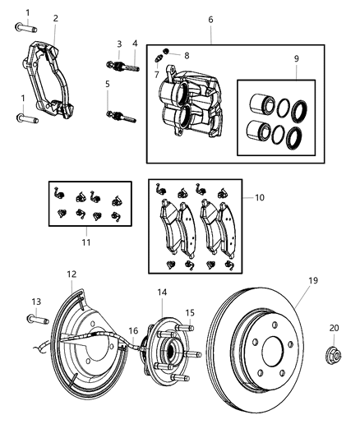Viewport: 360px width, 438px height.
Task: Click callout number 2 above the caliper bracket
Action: (x=55, y=18)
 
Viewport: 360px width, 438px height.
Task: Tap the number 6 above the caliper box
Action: (x=210, y=19)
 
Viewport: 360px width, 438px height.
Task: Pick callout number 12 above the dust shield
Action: (x=72, y=274)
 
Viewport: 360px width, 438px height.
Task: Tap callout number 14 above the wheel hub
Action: (x=162, y=292)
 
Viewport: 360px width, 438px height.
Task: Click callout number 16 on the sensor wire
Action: (x=132, y=330)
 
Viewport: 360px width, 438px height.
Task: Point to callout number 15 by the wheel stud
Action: (x=190, y=313)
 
